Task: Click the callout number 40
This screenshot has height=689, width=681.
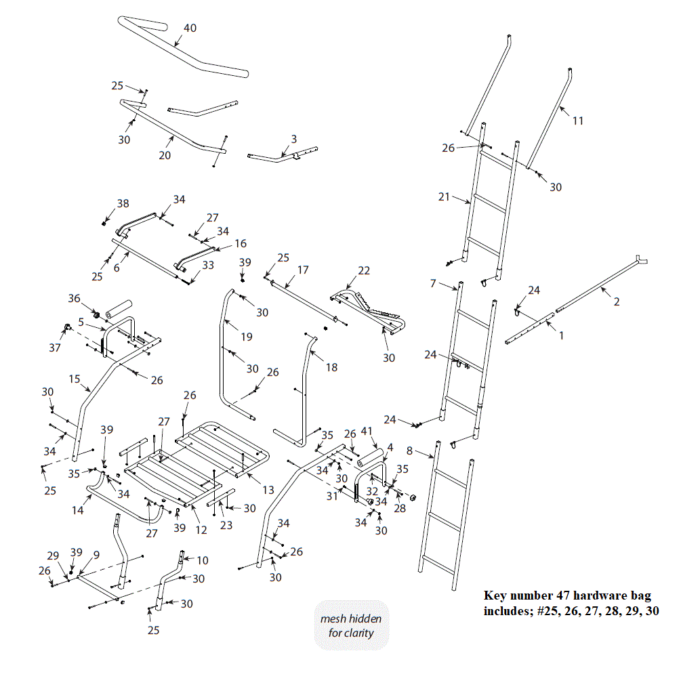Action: click(x=190, y=28)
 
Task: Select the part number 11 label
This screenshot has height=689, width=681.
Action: click(x=577, y=121)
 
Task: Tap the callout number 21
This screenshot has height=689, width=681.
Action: click(x=444, y=196)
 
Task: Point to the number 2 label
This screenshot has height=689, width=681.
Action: click(x=616, y=301)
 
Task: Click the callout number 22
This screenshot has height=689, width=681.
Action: click(x=364, y=270)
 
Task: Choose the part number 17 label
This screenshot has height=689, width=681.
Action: click(x=302, y=270)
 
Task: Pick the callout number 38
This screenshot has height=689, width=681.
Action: click(x=122, y=203)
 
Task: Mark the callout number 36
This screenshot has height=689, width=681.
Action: click(x=75, y=298)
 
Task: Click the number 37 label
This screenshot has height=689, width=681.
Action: click(x=55, y=348)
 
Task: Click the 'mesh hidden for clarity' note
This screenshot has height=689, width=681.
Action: click(x=350, y=626)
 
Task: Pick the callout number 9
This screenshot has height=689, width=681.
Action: click(x=96, y=554)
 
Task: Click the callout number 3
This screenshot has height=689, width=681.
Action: click(x=293, y=138)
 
